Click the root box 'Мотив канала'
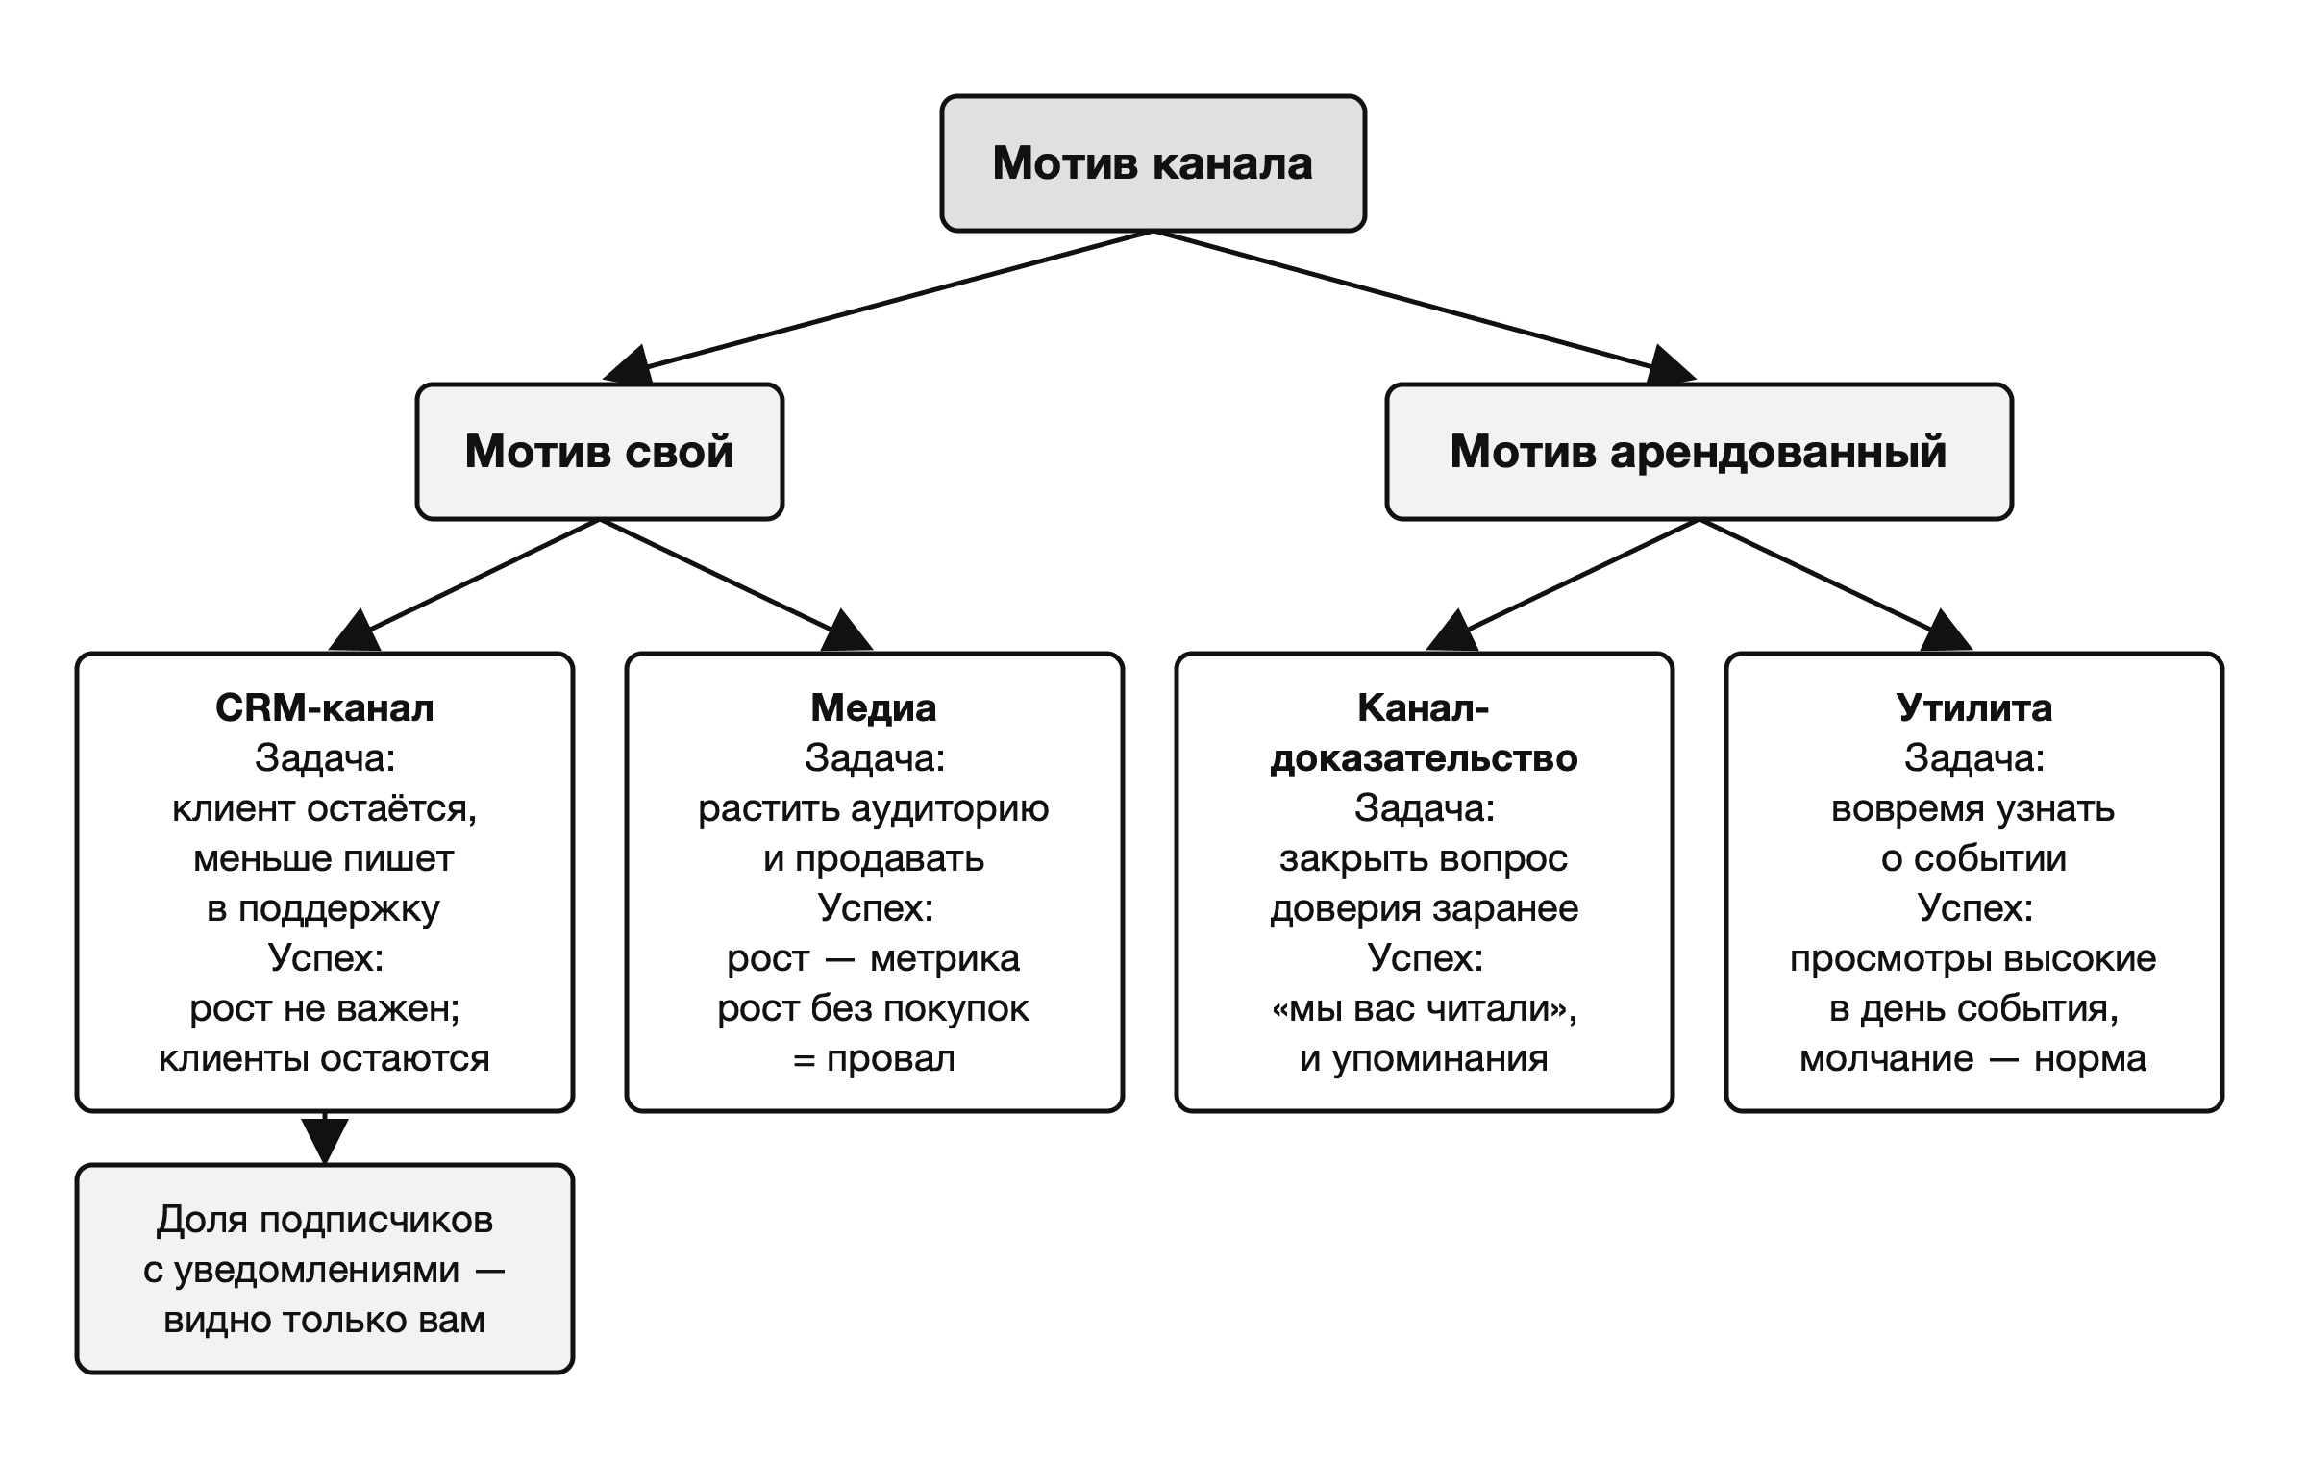[x=1153, y=163]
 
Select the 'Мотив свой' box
[x=600, y=452]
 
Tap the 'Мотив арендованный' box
[x=1699, y=452]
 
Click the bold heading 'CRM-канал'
[x=325, y=708]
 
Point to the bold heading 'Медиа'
[x=874, y=708]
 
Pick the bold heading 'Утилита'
[x=1974, y=708]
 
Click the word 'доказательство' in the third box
[x=1425, y=758]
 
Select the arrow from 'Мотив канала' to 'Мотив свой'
[x=878, y=307]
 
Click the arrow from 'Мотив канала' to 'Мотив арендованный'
[x=1425, y=307]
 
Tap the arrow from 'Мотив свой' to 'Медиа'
[x=736, y=584]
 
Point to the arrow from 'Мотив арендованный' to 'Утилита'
[x=1836, y=584]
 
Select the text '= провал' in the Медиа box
[x=874, y=1058]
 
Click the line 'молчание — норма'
[x=1973, y=1058]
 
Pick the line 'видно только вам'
[x=325, y=1320]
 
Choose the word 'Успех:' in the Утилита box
[x=1975, y=908]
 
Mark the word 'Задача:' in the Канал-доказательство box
[x=1425, y=808]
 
